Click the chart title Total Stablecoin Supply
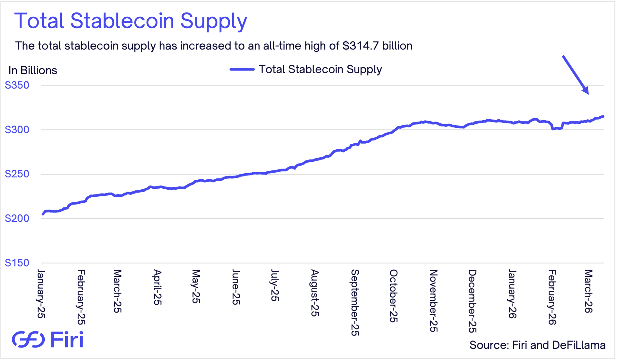pyautogui.click(x=130, y=21)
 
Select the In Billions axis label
pyautogui.click(x=33, y=70)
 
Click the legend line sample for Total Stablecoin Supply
pyautogui.click(x=242, y=69)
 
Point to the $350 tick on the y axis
pyautogui.click(x=17, y=85)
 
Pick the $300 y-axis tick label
pyautogui.click(x=17, y=130)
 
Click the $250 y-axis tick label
pyautogui.click(x=17, y=174)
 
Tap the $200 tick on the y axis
pyautogui.click(x=17, y=218)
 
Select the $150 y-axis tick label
pyautogui.click(x=17, y=263)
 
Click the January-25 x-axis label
pyautogui.click(x=41, y=294)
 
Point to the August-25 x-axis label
pyautogui.click(x=315, y=293)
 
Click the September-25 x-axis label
pyautogui.click(x=355, y=302)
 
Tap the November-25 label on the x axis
pyautogui.click(x=434, y=301)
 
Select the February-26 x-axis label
pyautogui.click(x=552, y=297)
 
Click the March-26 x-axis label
pyautogui.click(x=588, y=291)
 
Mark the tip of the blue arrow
pyautogui.click(x=588, y=94)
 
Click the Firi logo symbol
pyautogui.click(x=28, y=339)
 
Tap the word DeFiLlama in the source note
pyautogui.click(x=578, y=345)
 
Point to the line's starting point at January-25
pyautogui.click(x=43, y=214)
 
